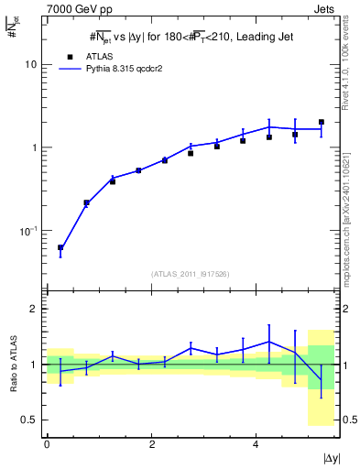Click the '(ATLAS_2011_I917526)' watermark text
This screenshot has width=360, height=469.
point(190,272)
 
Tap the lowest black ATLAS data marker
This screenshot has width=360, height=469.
point(60,247)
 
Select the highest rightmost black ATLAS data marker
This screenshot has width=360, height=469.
point(321,122)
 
